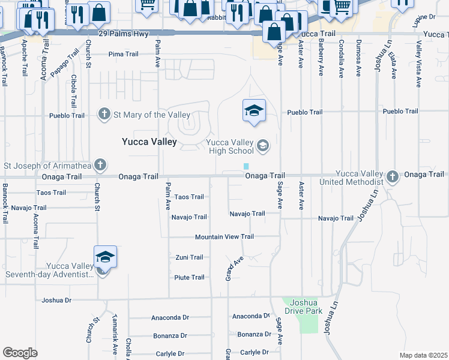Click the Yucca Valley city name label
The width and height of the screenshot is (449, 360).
[x=149, y=142]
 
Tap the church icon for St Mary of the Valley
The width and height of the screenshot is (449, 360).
[x=104, y=114]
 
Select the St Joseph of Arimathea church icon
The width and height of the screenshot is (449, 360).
[x=100, y=164]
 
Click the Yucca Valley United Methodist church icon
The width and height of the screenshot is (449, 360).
[x=393, y=176]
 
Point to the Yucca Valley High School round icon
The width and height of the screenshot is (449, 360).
[x=262, y=146]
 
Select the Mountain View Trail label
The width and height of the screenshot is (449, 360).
[x=224, y=237]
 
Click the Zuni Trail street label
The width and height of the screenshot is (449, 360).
[x=189, y=257]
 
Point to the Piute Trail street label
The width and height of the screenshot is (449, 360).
[x=189, y=277]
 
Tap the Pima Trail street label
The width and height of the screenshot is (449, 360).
[x=124, y=54]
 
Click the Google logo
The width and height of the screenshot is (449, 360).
[x=20, y=353]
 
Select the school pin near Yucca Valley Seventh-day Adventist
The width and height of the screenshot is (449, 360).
[x=105, y=257]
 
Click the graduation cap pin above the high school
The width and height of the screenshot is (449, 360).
[x=254, y=110]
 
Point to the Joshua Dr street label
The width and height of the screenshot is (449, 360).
[x=56, y=300]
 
